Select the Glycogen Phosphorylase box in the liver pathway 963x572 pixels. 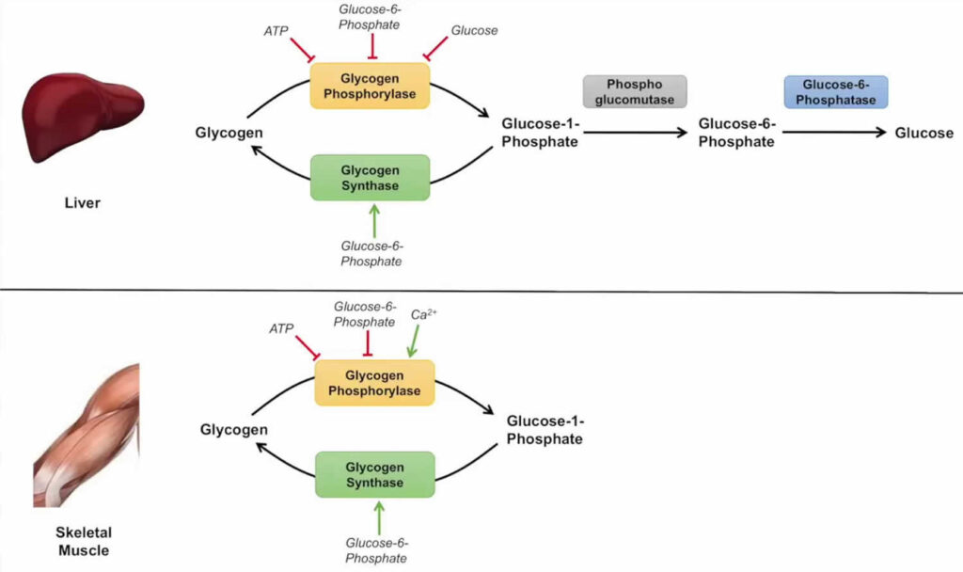click(x=370, y=86)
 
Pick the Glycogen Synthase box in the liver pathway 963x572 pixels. click(x=370, y=178)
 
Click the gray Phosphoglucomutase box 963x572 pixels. click(x=635, y=92)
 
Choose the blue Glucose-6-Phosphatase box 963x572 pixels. click(x=835, y=92)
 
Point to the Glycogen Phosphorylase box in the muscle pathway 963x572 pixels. click(x=374, y=383)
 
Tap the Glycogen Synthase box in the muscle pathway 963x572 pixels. click(x=374, y=475)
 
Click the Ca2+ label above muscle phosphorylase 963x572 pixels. click(x=425, y=315)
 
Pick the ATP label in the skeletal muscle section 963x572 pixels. click(x=280, y=327)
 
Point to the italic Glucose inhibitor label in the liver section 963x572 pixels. click(x=474, y=30)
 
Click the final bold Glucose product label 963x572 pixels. click(x=924, y=134)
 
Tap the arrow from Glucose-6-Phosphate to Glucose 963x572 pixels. click(x=834, y=134)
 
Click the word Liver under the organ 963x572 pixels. click(x=82, y=201)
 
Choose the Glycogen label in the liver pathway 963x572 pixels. click(x=229, y=133)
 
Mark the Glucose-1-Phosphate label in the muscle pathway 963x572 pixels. click(x=545, y=430)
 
